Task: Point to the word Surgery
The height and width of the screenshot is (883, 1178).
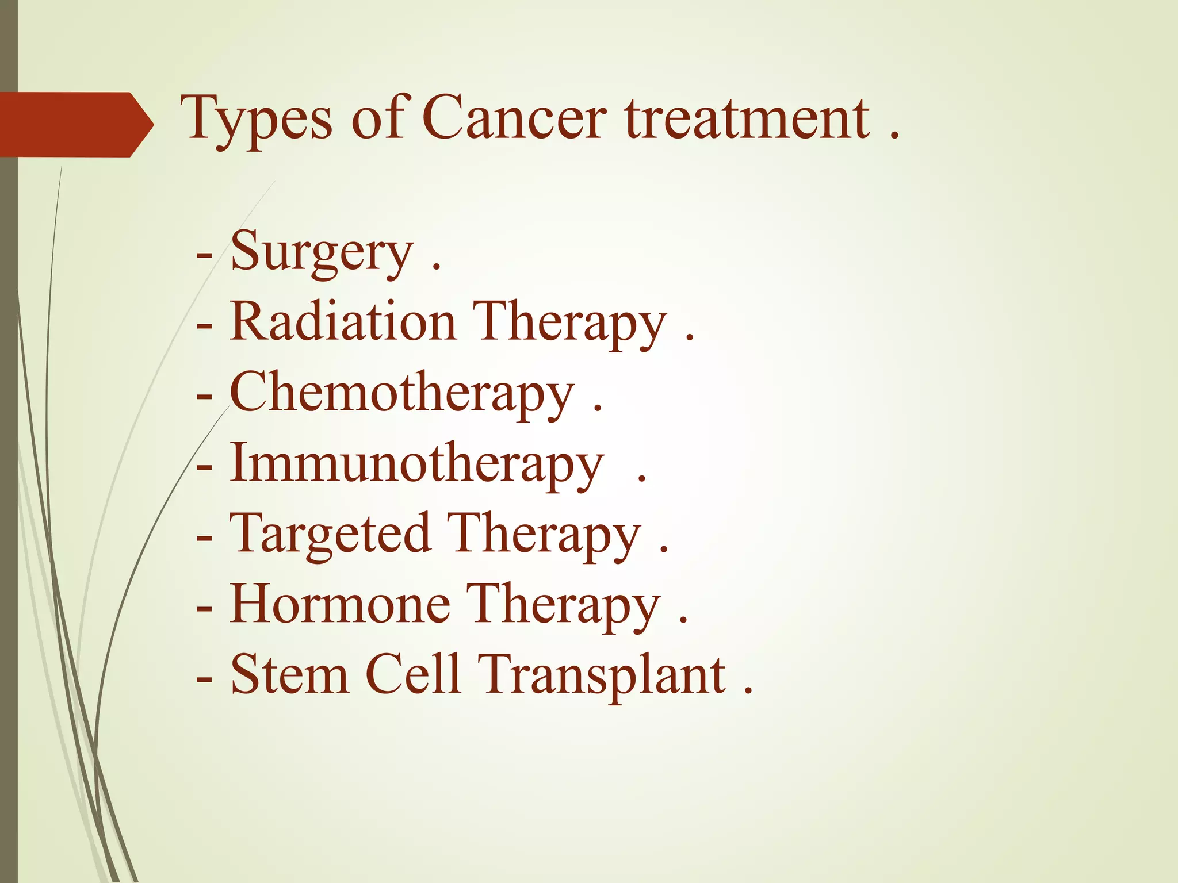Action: coord(322,253)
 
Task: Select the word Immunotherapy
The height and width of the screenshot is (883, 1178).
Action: coord(416,464)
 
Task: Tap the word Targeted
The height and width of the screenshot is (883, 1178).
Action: coord(330,535)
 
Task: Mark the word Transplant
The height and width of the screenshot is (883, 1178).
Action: coord(601,675)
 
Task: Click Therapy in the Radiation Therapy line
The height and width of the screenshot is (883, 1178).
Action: coord(569,323)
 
